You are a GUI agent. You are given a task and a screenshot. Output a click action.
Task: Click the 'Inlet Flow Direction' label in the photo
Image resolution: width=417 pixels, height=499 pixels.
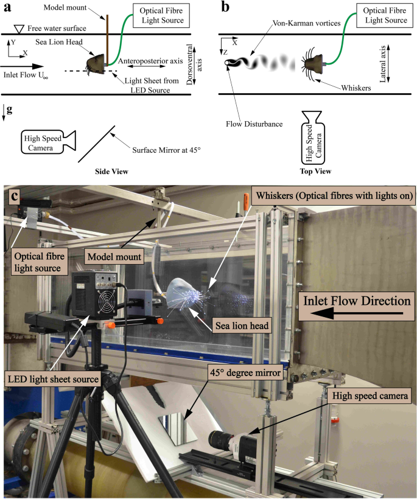tap(352, 301)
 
